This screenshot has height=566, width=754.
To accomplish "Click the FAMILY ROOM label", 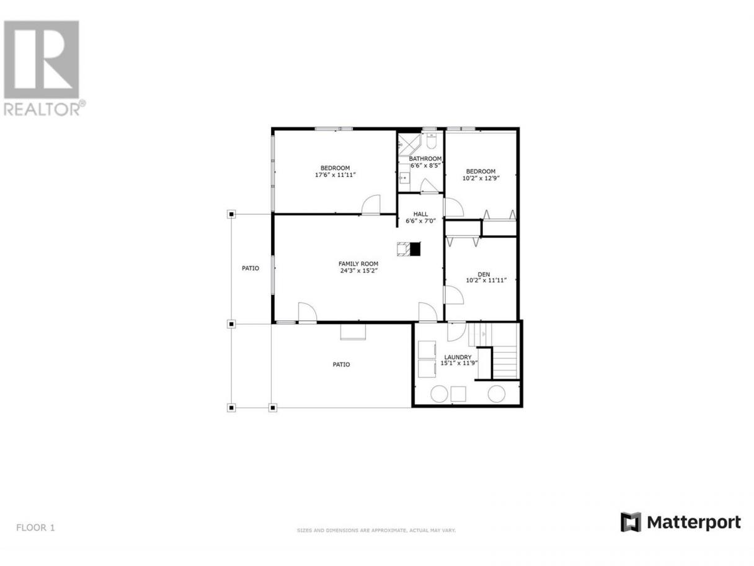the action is click(358, 264).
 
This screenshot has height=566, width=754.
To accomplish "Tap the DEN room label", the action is click(484, 274).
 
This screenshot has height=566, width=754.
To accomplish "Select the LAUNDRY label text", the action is click(458, 357).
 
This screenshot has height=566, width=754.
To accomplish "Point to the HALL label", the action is click(420, 214).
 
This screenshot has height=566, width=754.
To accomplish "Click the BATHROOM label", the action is click(425, 159).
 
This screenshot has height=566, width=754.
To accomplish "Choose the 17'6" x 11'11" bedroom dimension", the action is click(335, 174).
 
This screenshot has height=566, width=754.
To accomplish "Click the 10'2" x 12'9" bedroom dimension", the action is click(481, 178).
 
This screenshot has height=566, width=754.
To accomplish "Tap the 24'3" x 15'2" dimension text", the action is click(358, 271).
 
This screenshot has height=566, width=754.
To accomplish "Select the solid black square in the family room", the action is click(415, 249).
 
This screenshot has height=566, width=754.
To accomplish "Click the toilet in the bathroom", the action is click(431, 141).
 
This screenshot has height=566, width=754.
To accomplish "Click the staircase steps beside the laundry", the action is click(504, 362).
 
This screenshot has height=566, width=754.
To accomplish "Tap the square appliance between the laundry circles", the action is click(458, 394).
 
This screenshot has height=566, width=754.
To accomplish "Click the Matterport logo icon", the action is click(631, 522).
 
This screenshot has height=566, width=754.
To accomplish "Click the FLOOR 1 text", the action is click(35, 528).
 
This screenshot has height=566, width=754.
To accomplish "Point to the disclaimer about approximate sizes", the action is click(376, 531).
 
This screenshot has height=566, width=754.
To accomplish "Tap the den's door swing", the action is click(454, 295).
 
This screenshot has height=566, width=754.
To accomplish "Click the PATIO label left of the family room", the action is click(251, 268).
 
